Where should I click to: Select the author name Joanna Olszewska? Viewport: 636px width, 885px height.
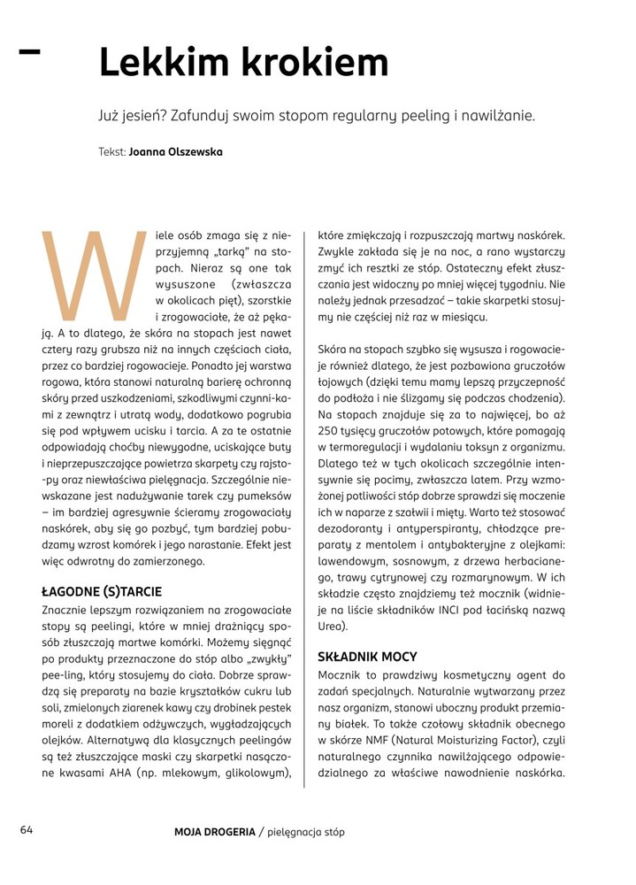(176, 152)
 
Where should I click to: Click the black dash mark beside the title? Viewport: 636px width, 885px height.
(29, 52)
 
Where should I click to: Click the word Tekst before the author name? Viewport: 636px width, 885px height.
(111, 152)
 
